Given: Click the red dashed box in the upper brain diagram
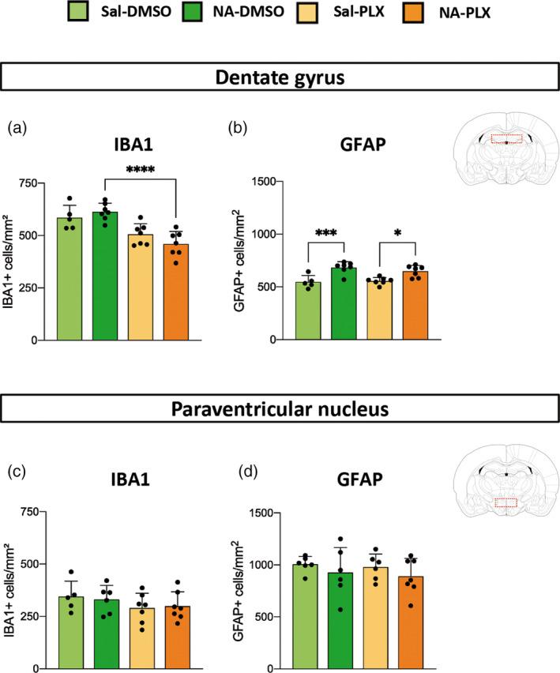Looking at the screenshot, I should (x=506, y=139).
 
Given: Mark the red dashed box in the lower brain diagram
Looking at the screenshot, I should (x=506, y=502).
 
